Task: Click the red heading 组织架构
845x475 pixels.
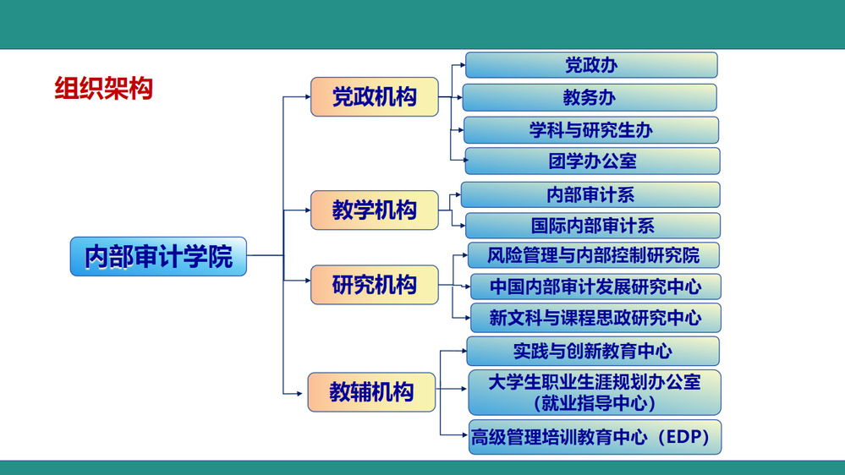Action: pyautogui.click(x=103, y=88)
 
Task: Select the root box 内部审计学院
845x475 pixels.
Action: pyautogui.click(x=158, y=256)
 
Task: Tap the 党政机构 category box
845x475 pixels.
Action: pyautogui.click(x=375, y=97)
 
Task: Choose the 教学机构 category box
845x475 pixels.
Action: pyautogui.click(x=375, y=210)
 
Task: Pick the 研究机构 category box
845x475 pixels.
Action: pyautogui.click(x=375, y=285)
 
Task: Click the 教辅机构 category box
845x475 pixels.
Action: pyautogui.click(x=371, y=392)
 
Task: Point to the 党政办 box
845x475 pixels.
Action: pyautogui.click(x=591, y=65)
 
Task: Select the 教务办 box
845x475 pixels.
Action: pyautogui.click(x=590, y=97)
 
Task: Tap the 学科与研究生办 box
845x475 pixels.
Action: pyautogui.click(x=591, y=130)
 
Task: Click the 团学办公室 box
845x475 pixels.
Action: pyautogui.click(x=592, y=161)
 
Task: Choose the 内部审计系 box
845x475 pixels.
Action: pyautogui.click(x=590, y=194)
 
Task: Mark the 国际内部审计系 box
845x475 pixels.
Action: pyautogui.click(x=593, y=226)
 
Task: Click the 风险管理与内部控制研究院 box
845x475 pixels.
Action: pyautogui.click(x=593, y=255)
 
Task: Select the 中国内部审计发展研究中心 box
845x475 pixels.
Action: pyautogui.click(x=595, y=287)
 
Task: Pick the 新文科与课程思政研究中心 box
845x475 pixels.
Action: pyautogui.click(x=595, y=318)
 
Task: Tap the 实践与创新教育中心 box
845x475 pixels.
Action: pyautogui.click(x=593, y=351)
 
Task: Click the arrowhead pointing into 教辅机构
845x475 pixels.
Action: pyautogui.click(x=299, y=394)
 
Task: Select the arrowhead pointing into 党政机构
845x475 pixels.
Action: pyautogui.click(x=307, y=97)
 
